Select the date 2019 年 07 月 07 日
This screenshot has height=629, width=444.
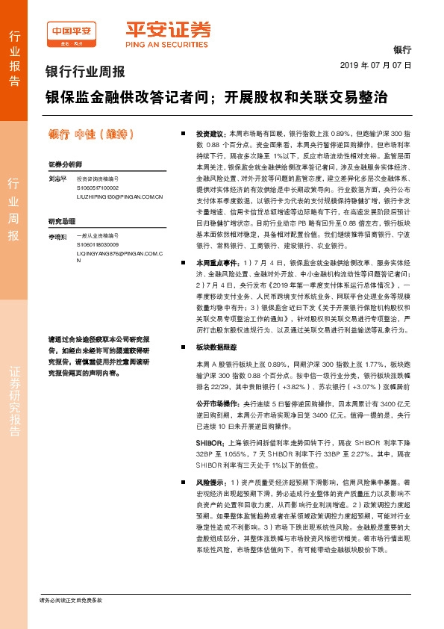pos(376,66)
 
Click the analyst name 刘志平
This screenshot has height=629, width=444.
pos(58,179)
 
